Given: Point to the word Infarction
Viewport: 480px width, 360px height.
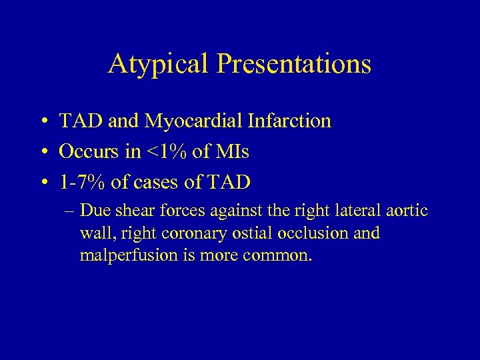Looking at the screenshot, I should tap(293, 121).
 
